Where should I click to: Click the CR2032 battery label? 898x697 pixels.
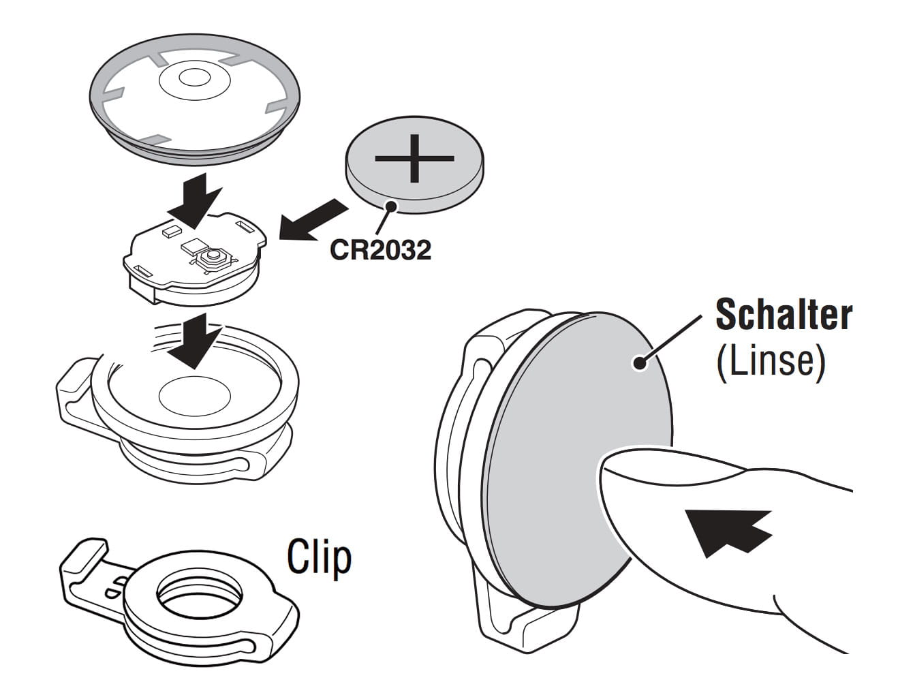380,250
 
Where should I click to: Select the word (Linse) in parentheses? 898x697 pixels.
770,360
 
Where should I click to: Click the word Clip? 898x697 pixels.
319,557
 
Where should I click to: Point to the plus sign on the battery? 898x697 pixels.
414,158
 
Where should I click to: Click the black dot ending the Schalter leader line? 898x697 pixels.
639,362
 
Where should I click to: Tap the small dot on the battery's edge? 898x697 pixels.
391,206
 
